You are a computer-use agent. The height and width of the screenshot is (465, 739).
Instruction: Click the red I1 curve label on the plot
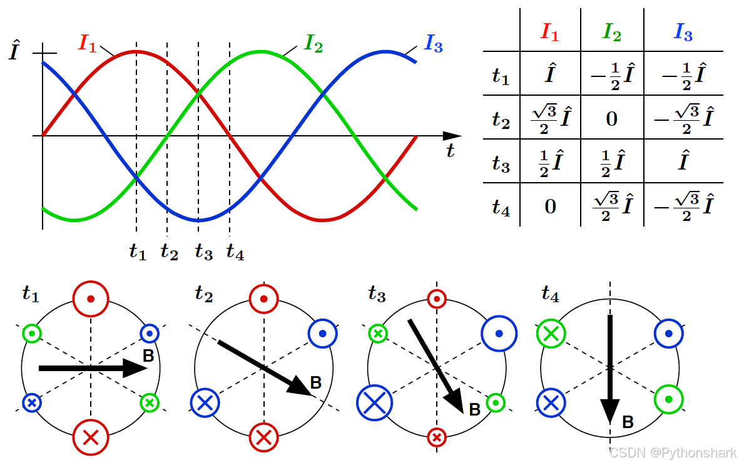pyautogui.click(x=88, y=43)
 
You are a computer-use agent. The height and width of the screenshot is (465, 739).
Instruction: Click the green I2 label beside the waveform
pyautogui.click(x=313, y=43)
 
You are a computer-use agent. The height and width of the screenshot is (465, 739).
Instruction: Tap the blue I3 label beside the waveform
pyautogui.click(x=434, y=43)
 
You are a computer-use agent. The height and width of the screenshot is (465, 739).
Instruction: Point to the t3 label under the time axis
pyautogui.click(x=203, y=252)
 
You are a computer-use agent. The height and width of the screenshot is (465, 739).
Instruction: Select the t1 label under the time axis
pyautogui.click(x=137, y=252)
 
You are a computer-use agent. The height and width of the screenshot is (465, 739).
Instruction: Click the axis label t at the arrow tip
pyautogui.click(x=450, y=151)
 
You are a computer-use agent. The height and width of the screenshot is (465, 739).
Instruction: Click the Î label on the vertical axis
pyautogui.click(x=16, y=53)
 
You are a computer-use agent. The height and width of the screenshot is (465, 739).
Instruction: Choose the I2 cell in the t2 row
pyautogui.click(x=612, y=118)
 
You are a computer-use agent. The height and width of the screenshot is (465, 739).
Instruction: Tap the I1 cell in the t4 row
pyautogui.click(x=550, y=206)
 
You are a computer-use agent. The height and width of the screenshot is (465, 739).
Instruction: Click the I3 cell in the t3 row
pyautogui.click(x=683, y=162)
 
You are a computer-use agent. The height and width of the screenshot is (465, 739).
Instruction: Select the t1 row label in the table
pyautogui.click(x=501, y=76)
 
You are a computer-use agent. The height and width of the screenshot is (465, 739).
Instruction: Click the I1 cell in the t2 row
pyautogui.click(x=550, y=118)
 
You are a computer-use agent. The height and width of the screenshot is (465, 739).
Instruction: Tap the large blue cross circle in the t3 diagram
pyautogui.click(x=374, y=402)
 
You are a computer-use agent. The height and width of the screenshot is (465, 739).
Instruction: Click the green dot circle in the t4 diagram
pyautogui.click(x=669, y=399)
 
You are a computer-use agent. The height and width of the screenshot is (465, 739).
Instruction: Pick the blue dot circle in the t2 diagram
pyautogui.click(x=323, y=334)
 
